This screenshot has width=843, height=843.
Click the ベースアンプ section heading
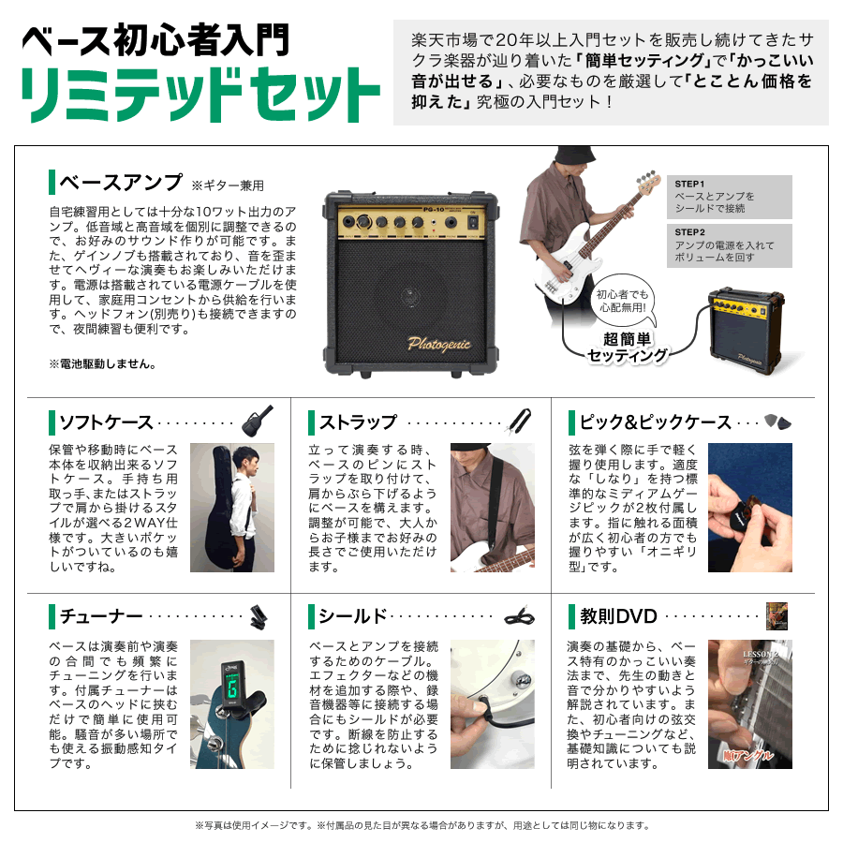coord(120,182)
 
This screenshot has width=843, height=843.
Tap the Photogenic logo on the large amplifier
coord(438,344)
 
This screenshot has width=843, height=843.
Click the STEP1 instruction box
coord(729,197)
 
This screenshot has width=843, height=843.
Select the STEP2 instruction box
coord(729,245)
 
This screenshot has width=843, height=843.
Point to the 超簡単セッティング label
coord(628,348)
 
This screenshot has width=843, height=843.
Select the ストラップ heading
coord(358,421)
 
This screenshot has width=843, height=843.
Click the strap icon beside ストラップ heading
coord(518,421)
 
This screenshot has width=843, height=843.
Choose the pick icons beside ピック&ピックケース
coord(776,421)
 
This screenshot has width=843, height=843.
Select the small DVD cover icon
coord(776,614)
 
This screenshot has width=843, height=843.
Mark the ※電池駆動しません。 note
coord(102,363)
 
